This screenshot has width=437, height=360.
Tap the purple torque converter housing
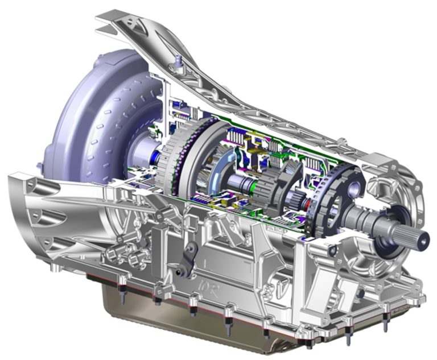85,108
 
